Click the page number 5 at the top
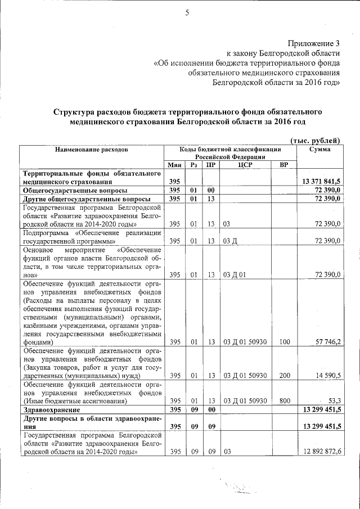click(186, 13)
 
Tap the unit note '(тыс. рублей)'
click(315, 140)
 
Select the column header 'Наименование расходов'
click(91, 150)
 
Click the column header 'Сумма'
click(319, 150)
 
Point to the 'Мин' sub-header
click(174, 165)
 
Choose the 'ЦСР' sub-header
click(244, 165)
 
